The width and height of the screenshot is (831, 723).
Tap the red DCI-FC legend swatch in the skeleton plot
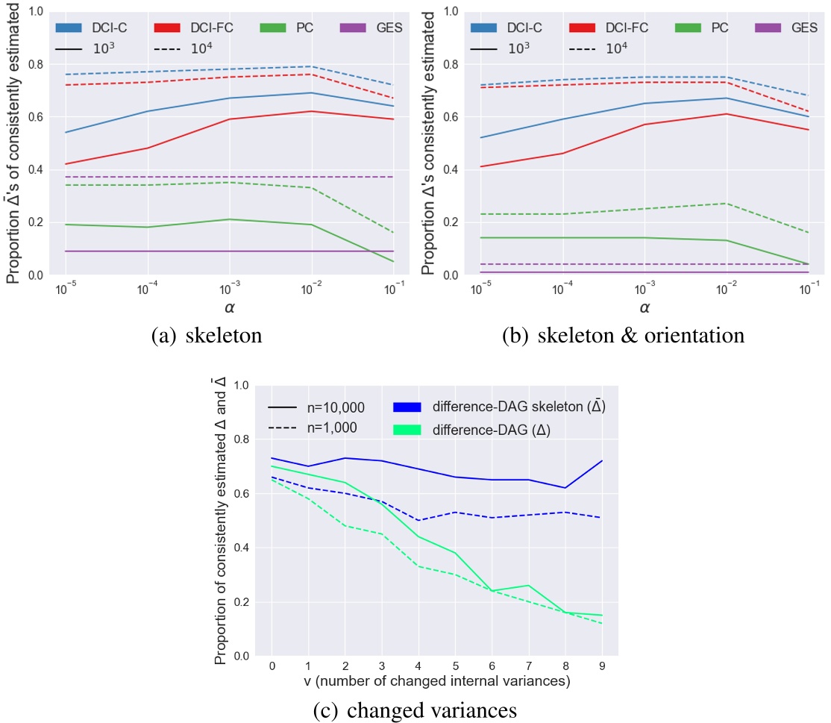[x=169, y=28]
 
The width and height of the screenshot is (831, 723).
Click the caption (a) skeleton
[x=206, y=336]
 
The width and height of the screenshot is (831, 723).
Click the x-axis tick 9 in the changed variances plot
[x=602, y=664]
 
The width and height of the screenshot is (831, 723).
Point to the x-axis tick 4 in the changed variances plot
[x=418, y=664]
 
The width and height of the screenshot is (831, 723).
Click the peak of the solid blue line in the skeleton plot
[x=312, y=93]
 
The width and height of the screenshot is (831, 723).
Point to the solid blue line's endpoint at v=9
[x=602, y=461]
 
